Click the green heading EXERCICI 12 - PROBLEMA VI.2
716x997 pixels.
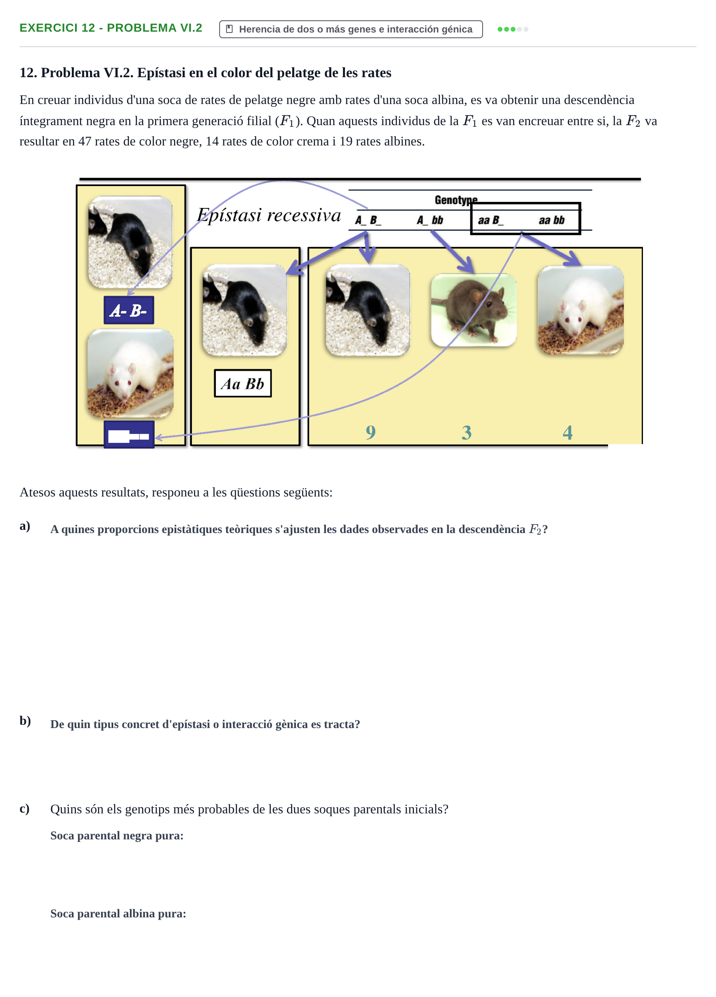111,28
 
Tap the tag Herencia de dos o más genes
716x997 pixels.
351,29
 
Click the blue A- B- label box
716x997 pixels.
129,310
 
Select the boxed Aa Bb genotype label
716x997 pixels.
242,384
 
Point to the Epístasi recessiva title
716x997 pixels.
269,215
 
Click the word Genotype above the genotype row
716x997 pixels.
456,200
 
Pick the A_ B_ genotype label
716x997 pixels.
368,220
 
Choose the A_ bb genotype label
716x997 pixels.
430,220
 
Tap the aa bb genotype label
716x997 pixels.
552,220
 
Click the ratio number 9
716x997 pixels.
371,432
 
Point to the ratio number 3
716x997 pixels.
466,433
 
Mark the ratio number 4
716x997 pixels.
567,433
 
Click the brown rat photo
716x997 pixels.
474,310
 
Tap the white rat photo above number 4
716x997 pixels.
581,310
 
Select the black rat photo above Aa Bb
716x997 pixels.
245,310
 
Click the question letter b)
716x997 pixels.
25,720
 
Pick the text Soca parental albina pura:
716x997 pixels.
118,913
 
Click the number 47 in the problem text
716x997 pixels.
85,141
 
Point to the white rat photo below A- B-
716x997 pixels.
130,373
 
